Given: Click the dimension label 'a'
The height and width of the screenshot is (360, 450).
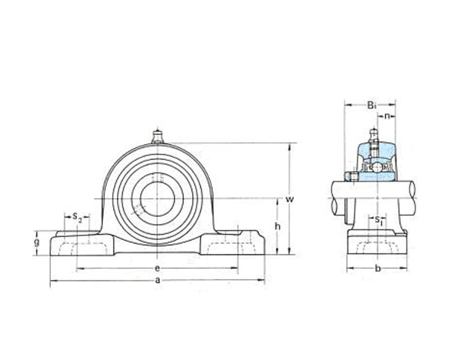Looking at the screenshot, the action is [x=157, y=280].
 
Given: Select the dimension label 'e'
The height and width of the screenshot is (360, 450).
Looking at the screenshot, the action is [x=157, y=268].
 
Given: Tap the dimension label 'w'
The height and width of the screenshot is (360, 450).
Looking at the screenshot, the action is [x=290, y=199].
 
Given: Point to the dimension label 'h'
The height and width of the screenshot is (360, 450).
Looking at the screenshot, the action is [x=278, y=226].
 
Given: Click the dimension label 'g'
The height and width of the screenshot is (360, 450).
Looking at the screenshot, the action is [x=37, y=242].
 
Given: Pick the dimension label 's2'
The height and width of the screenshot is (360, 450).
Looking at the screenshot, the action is [x=77, y=217].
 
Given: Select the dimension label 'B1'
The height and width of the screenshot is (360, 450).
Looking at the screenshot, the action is [x=371, y=106].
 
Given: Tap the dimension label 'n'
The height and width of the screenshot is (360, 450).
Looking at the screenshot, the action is [x=388, y=116].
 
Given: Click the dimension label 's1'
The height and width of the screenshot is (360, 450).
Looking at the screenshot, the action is [x=378, y=220].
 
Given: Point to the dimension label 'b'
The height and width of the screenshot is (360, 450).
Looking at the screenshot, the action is [x=378, y=268].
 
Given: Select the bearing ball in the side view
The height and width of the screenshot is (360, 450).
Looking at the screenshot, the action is [x=377, y=167].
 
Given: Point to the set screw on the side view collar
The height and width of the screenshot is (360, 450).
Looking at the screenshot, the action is [x=352, y=176].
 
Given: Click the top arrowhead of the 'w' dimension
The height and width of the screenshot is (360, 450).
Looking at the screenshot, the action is [x=290, y=146].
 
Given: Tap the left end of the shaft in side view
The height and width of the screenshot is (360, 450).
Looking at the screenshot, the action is [x=335, y=198].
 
